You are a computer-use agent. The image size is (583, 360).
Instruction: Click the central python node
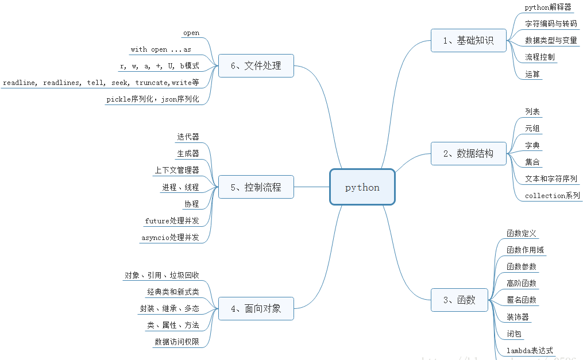coord(362,187)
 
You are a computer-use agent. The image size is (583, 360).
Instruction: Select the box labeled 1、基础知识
coord(469,40)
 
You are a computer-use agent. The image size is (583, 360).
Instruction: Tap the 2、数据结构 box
coord(469,153)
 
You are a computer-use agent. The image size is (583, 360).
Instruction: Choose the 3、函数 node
coord(460,300)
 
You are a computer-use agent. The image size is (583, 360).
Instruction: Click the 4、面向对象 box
coord(256,308)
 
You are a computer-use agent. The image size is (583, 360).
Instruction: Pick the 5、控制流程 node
coord(256,187)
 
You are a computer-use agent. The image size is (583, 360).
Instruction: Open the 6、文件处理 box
coord(256,65)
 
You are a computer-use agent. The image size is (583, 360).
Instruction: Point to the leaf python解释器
coord(548,7)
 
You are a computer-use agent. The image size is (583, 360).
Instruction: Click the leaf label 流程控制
coord(540,57)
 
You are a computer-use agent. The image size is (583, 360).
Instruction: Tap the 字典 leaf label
coord(532,145)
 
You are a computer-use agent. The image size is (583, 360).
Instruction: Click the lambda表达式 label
coord(530,350)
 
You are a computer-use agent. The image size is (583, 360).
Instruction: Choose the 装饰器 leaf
coord(518,317)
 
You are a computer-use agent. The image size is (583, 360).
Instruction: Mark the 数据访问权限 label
coord(177,342)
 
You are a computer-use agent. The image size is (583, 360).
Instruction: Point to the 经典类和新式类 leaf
coord(173,292)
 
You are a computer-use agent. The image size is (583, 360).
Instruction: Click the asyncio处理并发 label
coord(170,237)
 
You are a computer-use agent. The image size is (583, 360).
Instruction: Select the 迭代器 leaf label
coord(188,137)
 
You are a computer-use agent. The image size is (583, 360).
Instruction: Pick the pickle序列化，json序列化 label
coord(153,99)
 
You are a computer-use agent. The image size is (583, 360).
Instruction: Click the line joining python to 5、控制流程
coord(312,187)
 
